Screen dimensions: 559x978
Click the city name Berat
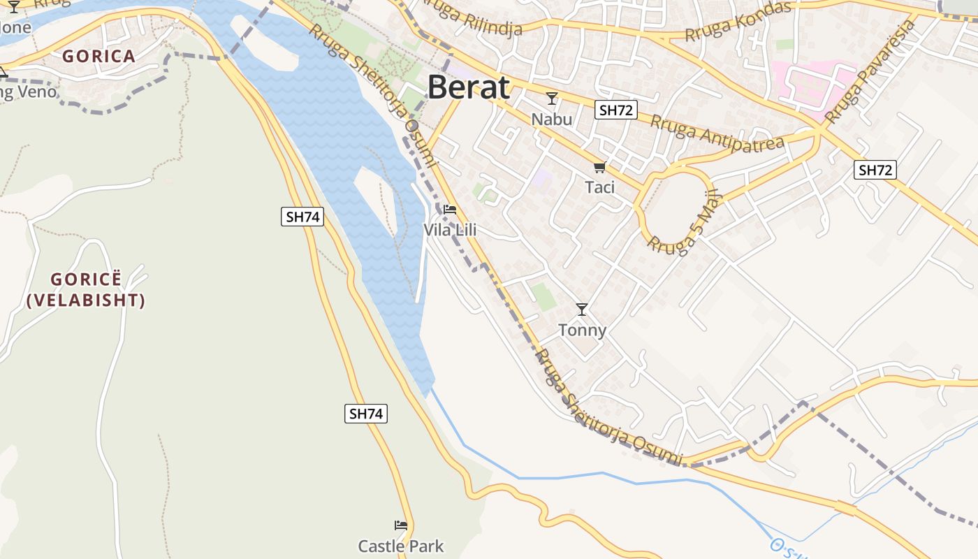[469, 88]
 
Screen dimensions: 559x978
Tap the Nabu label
[552, 119]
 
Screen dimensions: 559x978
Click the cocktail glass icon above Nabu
[552, 99]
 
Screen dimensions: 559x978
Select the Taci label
[600, 187]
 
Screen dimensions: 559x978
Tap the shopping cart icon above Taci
[599, 167]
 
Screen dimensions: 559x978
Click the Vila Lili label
[450, 230]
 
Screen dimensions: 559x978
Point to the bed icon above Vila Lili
[450, 209]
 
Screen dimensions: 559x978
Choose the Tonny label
[582, 330]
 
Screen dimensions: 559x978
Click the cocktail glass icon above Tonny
[582, 309]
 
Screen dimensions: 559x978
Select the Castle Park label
[401, 546]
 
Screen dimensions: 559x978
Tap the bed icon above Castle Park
[401, 525]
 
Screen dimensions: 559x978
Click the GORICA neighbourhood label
[98, 57]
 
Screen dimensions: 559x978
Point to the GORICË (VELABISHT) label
[86, 290]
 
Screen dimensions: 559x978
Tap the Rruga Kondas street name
[738, 21]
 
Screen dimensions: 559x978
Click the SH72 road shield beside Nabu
[616, 110]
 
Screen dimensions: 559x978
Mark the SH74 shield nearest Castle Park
[366, 414]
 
